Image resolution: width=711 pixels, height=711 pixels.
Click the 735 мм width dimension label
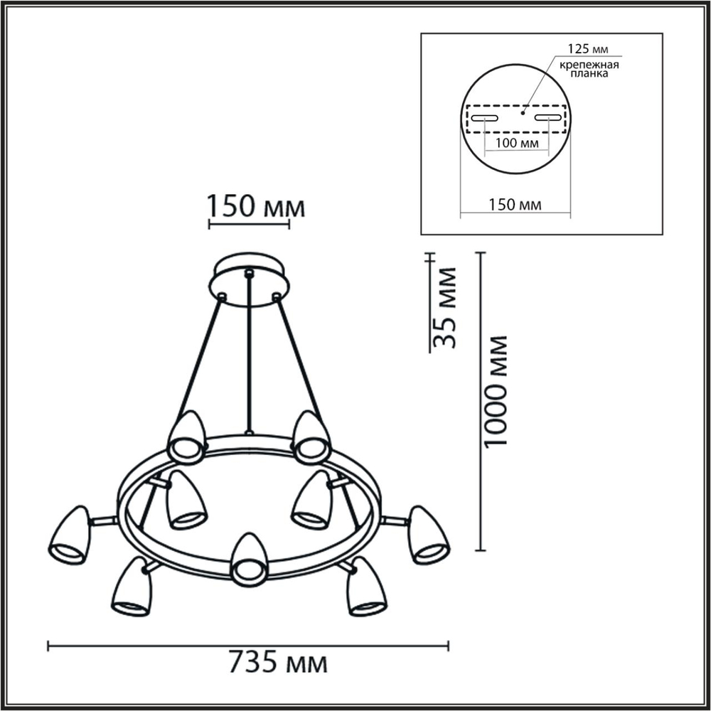(x=278, y=664)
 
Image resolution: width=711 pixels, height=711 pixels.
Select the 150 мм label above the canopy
(x=256, y=207)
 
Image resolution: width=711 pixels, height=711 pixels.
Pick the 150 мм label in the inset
(x=516, y=205)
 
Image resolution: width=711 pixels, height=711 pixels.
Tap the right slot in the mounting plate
(x=548, y=117)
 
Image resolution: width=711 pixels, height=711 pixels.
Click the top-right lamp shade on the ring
(x=311, y=436)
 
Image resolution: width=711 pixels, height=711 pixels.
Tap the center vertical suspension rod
(x=249, y=355)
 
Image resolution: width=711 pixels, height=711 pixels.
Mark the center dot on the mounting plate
(x=523, y=111)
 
